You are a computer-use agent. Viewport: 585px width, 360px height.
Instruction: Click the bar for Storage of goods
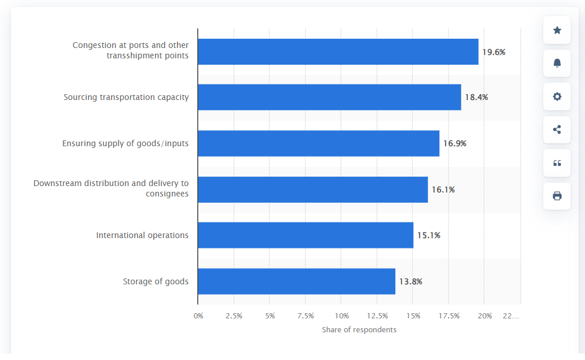[297, 281]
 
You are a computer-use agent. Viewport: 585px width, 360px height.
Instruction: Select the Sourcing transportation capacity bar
[329, 97]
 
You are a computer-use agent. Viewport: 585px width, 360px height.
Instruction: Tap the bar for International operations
[305, 235]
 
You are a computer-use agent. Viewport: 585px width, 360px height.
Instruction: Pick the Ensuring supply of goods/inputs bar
[319, 143]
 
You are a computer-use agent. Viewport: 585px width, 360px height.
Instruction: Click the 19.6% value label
[494, 52]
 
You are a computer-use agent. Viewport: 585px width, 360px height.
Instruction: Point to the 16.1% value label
[443, 190]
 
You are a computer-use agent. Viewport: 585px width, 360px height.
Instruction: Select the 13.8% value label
[410, 282]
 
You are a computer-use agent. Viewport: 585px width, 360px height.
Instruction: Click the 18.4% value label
[476, 97]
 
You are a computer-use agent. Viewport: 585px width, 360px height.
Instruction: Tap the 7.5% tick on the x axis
[305, 316]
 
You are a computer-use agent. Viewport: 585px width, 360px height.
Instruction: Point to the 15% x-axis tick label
[413, 316]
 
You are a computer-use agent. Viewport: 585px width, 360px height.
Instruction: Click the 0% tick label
[198, 316]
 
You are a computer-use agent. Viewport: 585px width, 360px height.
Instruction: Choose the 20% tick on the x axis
[484, 316]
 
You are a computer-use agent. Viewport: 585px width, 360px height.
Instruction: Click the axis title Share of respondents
[359, 329]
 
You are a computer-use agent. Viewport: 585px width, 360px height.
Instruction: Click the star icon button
[557, 30]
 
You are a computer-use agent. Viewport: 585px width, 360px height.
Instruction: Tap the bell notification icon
[557, 63]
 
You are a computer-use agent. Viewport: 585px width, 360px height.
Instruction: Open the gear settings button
[557, 97]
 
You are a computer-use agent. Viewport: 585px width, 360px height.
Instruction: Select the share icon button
[557, 129]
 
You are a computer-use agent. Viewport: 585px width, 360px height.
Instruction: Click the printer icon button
[557, 196]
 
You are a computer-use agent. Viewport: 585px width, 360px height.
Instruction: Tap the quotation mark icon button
[557, 163]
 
